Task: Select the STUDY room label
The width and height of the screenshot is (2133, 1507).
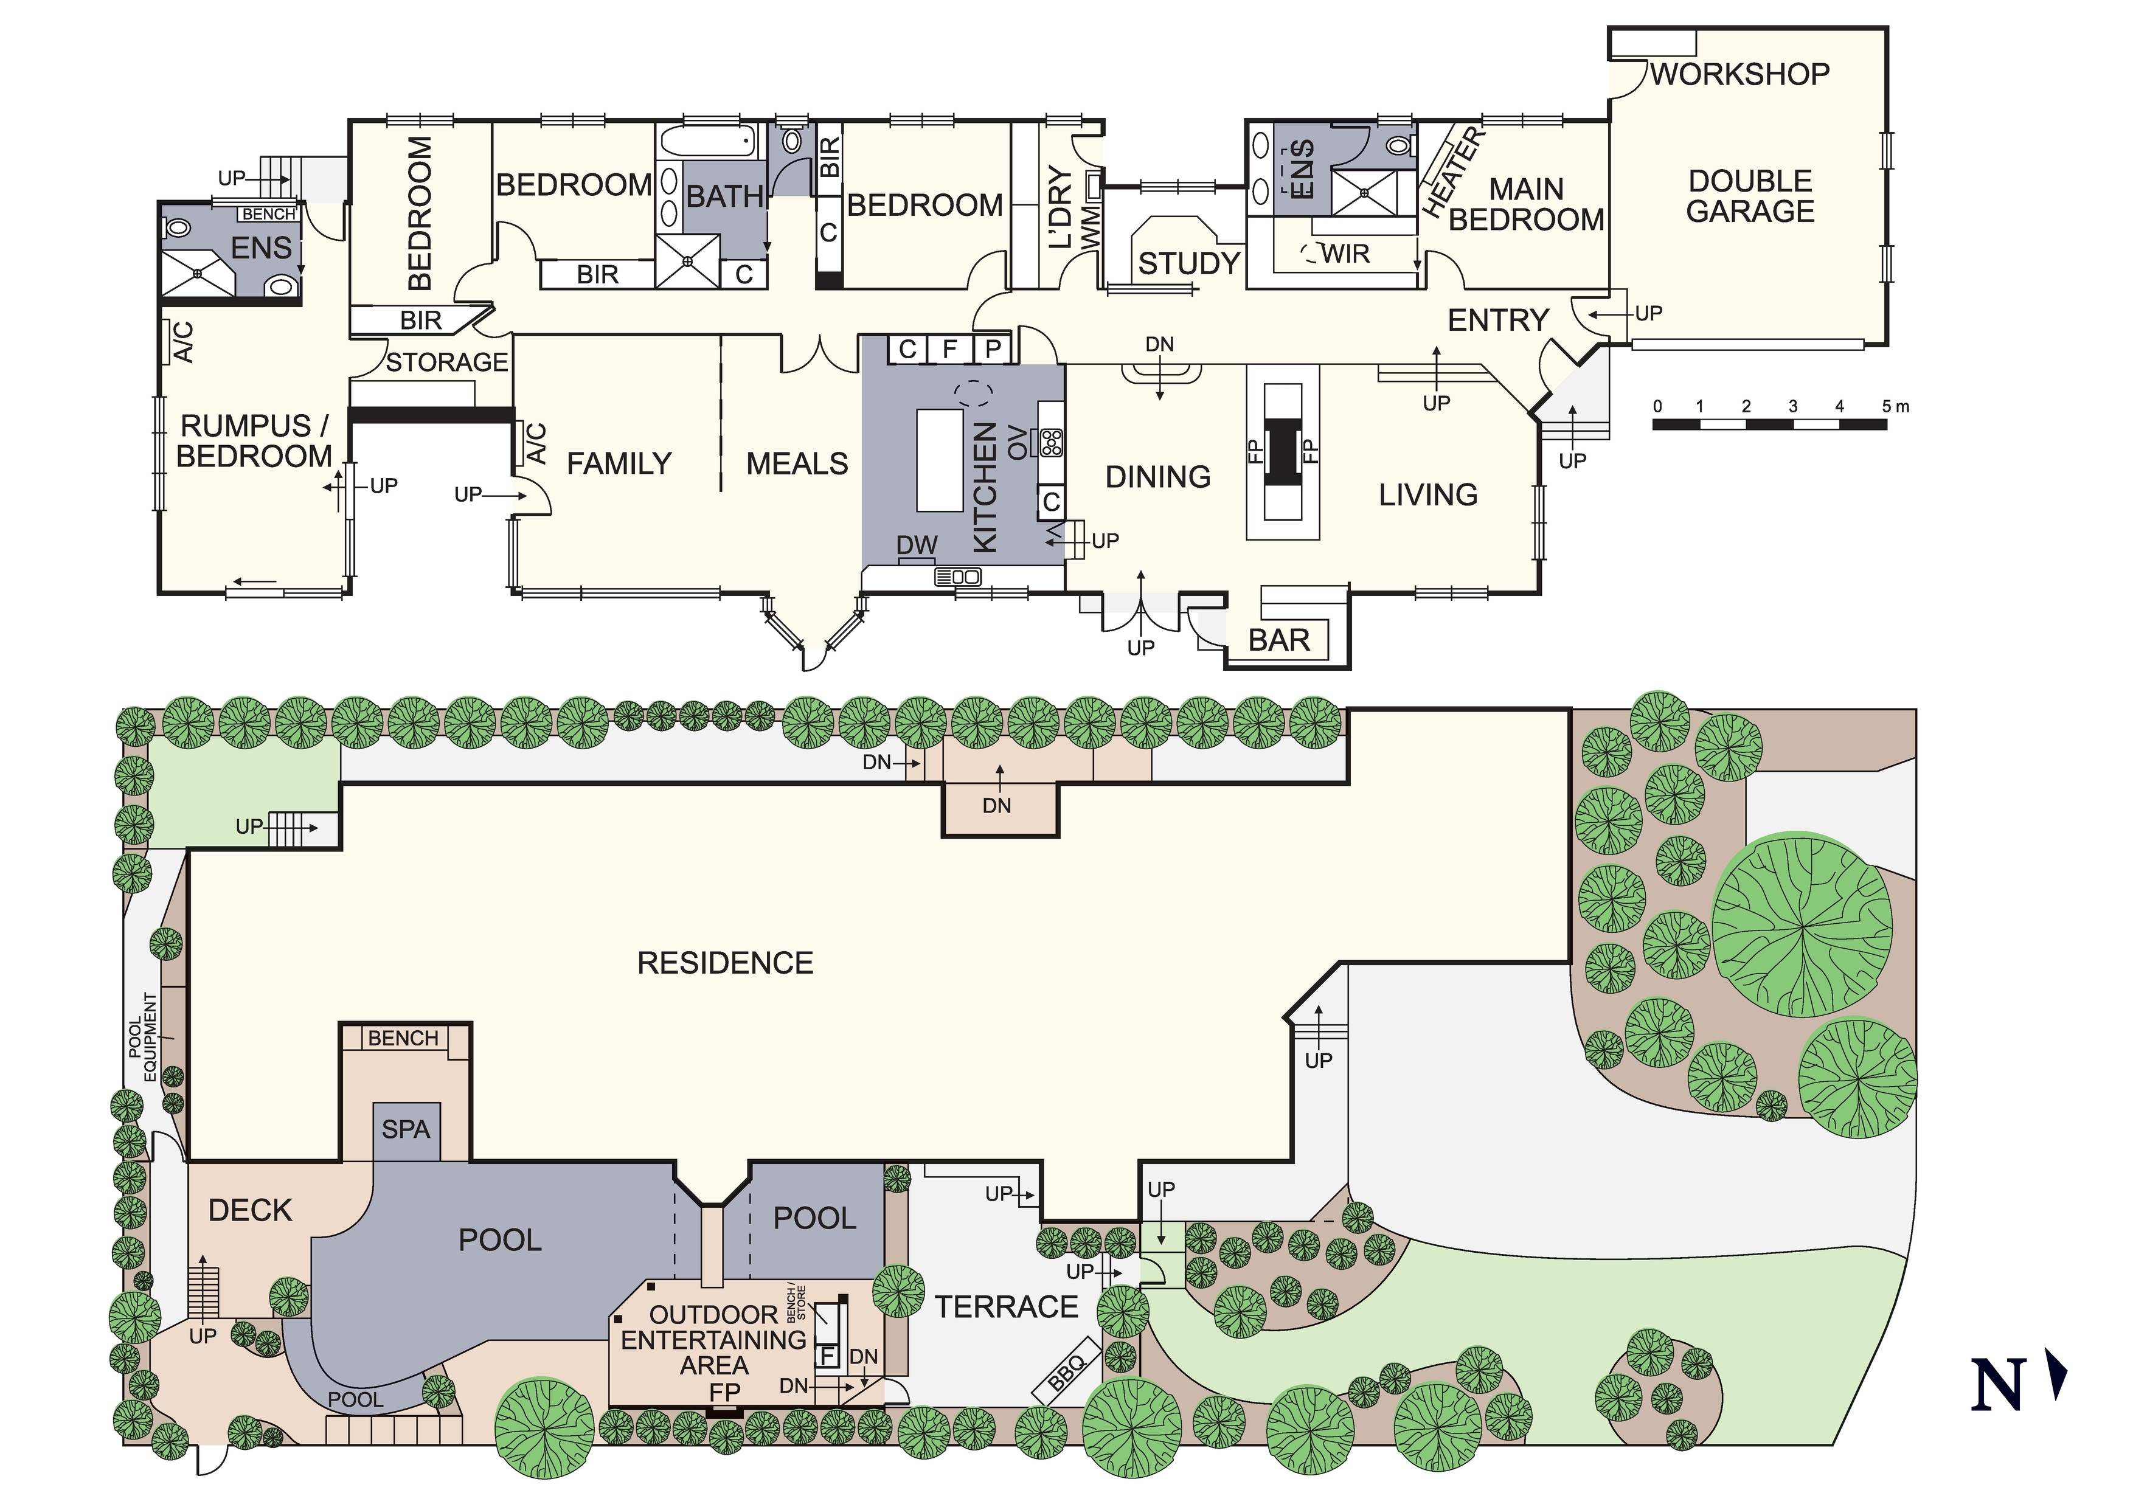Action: (x=1189, y=264)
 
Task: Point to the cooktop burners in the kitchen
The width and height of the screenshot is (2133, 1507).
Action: (x=1052, y=442)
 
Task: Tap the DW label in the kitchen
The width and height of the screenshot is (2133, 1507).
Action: (x=917, y=546)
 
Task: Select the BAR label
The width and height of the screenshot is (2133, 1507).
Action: (x=1278, y=640)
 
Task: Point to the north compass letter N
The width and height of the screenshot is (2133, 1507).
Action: (x=1997, y=1384)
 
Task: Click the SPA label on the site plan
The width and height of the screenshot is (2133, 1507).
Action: (x=406, y=1130)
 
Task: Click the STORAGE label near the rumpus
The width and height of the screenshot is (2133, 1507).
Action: (x=447, y=362)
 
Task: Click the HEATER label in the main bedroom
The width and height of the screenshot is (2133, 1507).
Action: (x=1455, y=173)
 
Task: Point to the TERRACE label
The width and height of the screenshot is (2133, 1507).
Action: (x=1006, y=1308)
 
